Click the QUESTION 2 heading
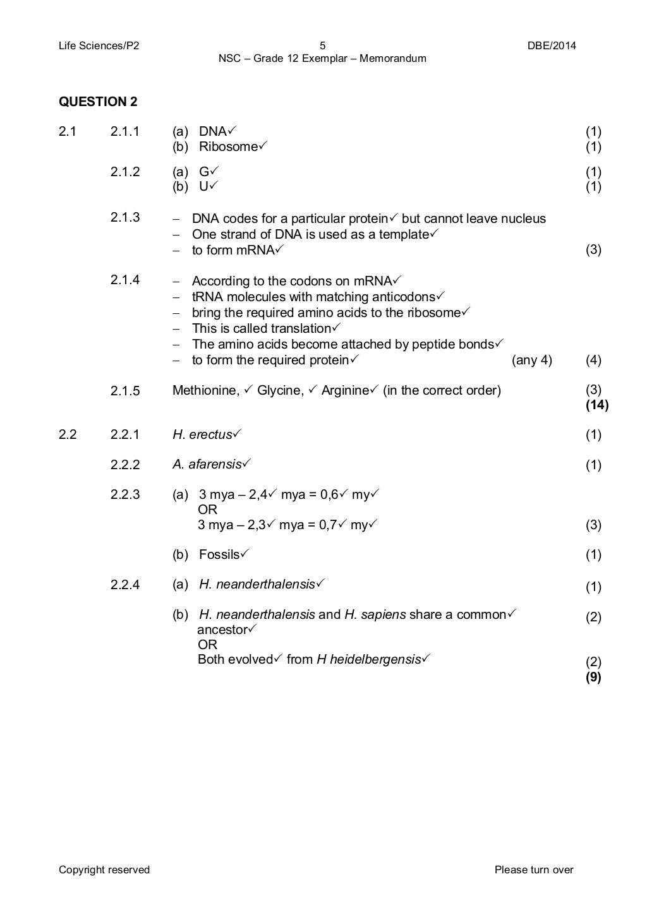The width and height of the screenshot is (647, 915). coord(98,102)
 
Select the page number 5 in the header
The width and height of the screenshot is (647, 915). coord(322,45)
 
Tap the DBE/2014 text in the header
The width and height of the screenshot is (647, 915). coord(552,45)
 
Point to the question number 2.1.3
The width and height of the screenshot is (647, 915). coord(124,217)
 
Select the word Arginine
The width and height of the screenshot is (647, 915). coord(344,390)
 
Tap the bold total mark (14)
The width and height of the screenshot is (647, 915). coord(596,405)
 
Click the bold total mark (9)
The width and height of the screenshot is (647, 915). coord(593,677)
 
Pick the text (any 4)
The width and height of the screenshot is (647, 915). coord(531,360)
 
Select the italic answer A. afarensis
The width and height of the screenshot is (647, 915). coord(207,465)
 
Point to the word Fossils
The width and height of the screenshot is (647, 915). coord(219,554)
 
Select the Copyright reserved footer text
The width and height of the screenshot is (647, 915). coord(104,870)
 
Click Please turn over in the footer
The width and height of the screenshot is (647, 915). coord(534,870)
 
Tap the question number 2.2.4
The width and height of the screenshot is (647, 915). coord(124,585)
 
